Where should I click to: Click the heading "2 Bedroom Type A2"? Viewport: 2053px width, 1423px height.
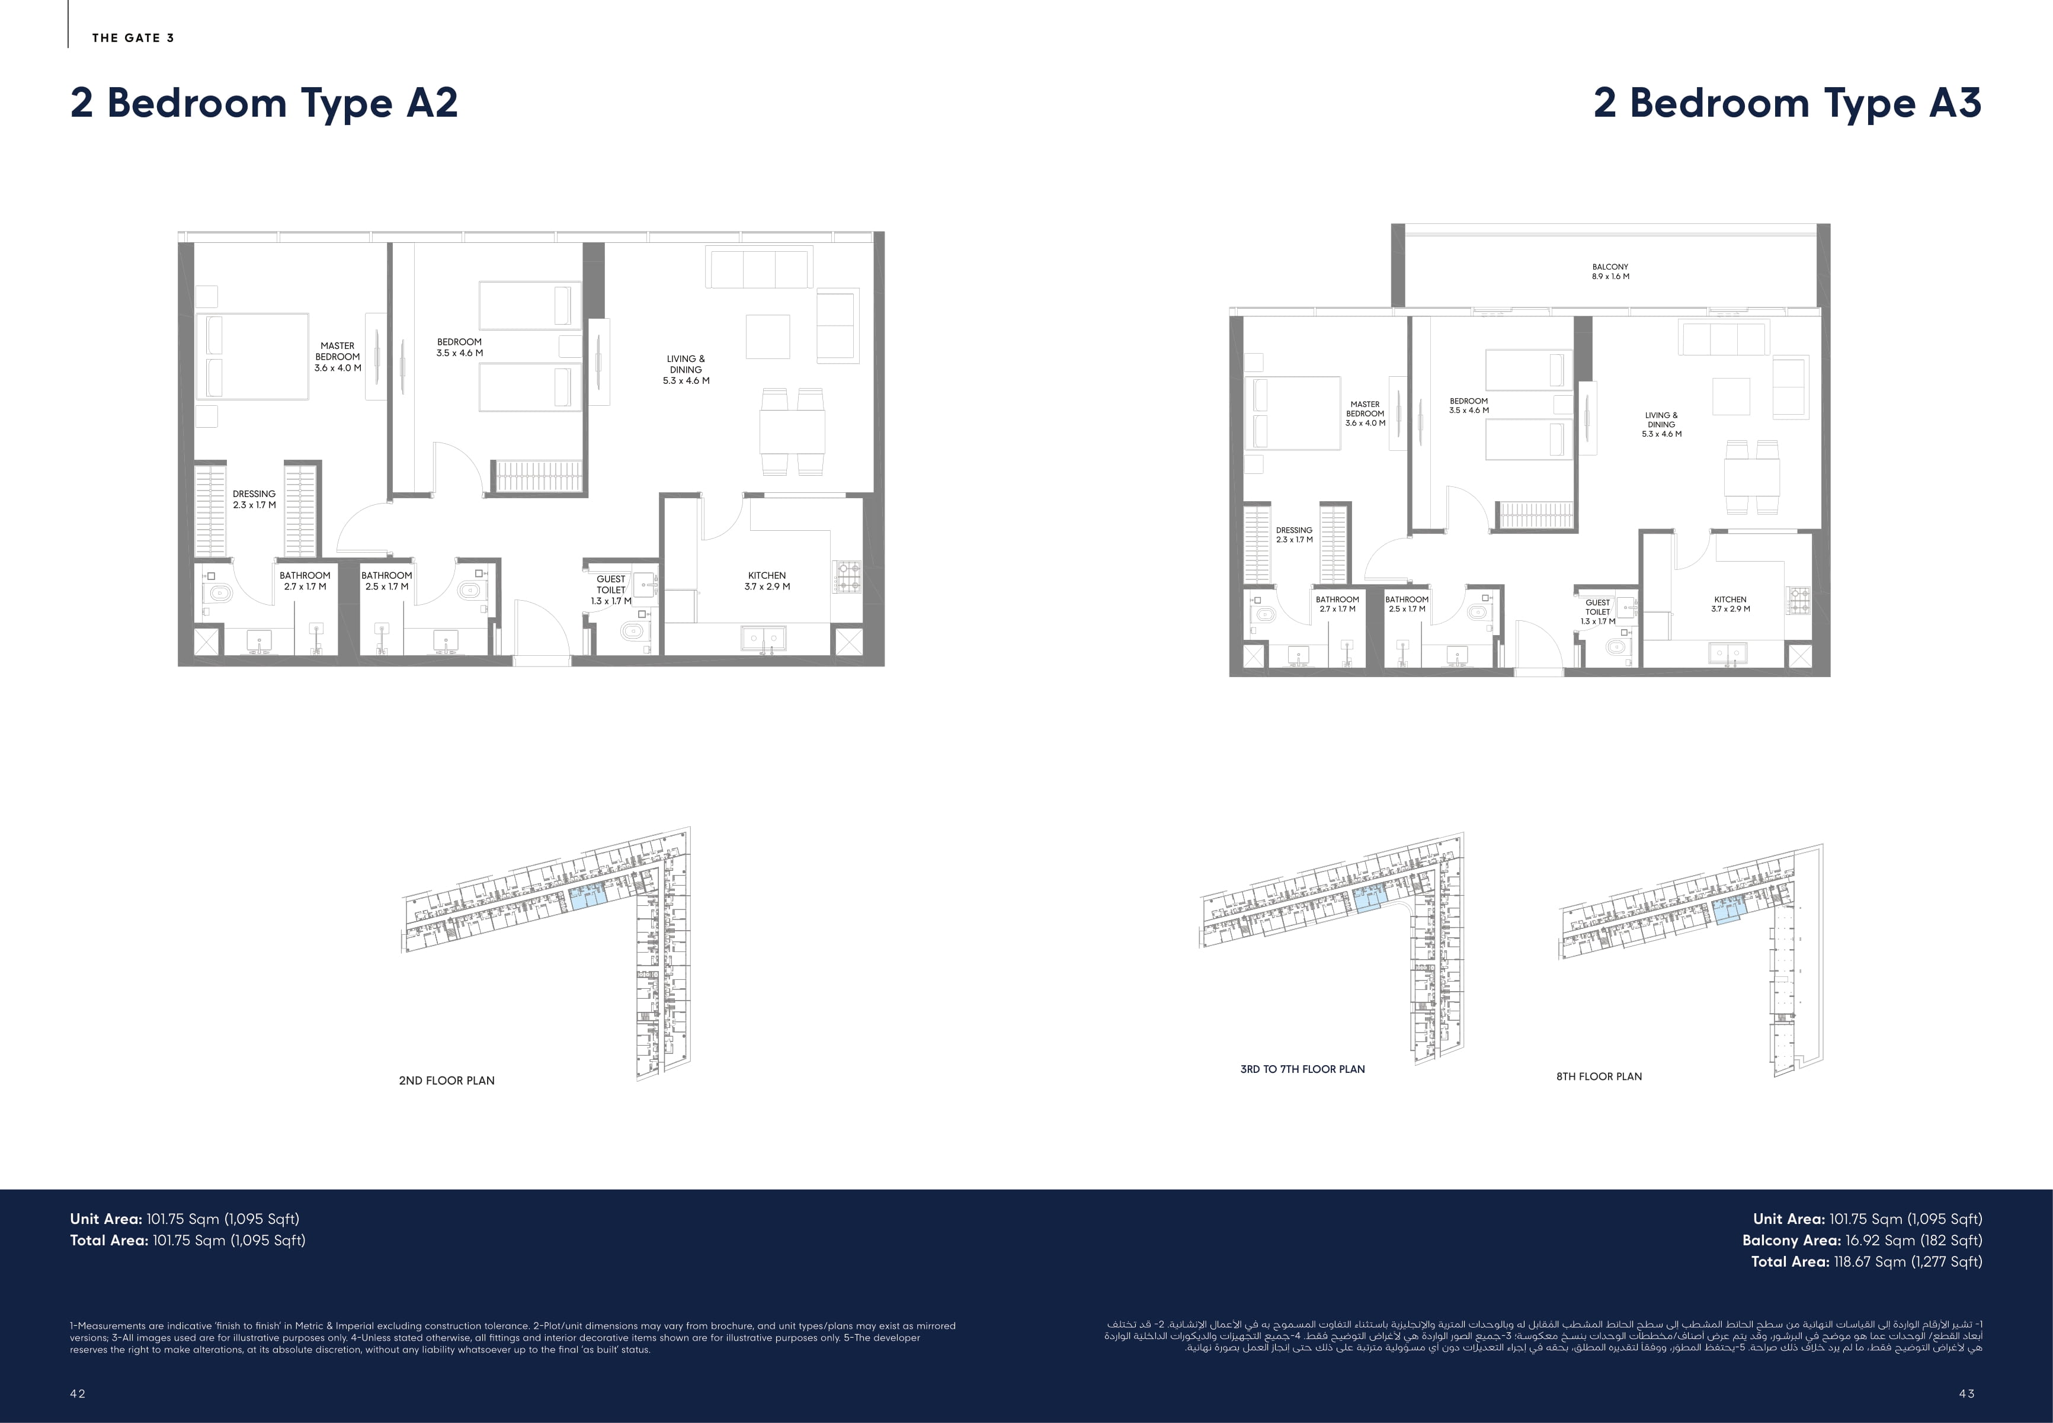coord(264,104)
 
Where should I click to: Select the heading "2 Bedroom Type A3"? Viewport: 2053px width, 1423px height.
coord(1788,104)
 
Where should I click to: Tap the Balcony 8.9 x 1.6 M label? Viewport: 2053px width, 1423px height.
coord(1610,271)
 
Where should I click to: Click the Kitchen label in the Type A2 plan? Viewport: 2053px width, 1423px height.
coord(767,581)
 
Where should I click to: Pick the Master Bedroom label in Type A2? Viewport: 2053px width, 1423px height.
coord(337,357)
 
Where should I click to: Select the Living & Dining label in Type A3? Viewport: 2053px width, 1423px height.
coord(1661,424)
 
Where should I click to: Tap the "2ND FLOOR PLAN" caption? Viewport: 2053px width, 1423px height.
coord(447,1081)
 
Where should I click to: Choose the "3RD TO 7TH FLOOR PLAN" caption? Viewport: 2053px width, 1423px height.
coord(1302,1069)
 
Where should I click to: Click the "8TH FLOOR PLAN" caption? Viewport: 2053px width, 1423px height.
coord(1599,1076)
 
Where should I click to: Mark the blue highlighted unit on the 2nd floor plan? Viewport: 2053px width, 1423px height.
coord(588,897)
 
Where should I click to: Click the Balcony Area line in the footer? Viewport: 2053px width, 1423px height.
coord(1862,1240)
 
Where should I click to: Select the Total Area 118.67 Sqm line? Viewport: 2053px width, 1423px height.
coord(1867,1262)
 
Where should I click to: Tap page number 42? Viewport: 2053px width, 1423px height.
coord(78,1393)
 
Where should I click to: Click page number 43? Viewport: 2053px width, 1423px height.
coord(1968,1393)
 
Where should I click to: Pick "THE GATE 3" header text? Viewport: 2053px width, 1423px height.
coord(133,37)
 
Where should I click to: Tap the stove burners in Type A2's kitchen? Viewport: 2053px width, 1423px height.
coord(847,576)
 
